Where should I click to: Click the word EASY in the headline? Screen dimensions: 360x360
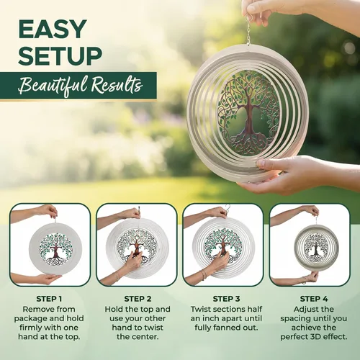point(53,29)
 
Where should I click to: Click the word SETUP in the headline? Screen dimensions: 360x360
point(60,56)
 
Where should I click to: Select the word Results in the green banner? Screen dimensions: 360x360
point(117,84)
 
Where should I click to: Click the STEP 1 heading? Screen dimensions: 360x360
point(49,299)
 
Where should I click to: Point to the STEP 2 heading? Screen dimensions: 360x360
point(138,299)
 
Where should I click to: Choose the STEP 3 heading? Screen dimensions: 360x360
point(226,299)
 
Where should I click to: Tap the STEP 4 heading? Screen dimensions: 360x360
point(314,299)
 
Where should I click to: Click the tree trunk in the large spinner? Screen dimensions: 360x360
point(250,117)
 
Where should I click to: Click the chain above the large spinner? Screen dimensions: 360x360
point(248,31)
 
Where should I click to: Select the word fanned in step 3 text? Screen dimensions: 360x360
point(227,328)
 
